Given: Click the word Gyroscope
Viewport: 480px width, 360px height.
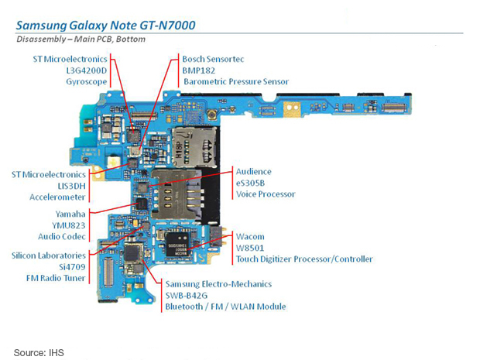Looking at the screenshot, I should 86,81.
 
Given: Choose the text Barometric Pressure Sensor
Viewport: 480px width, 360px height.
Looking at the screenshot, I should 235,81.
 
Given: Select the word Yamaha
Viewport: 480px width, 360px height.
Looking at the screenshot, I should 70,213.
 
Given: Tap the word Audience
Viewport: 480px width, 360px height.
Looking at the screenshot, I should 254,171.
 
